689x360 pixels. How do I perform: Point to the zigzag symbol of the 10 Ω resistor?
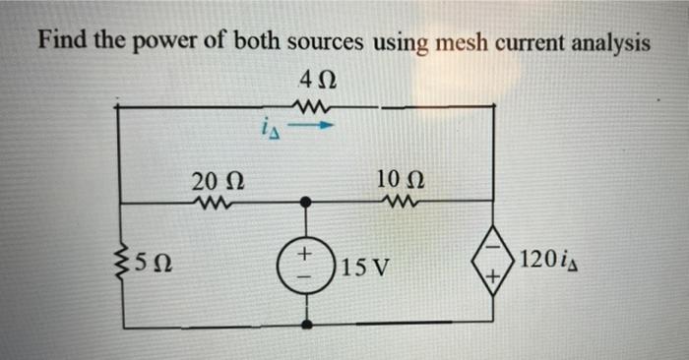point(397,204)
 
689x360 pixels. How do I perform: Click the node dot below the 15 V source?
point(308,322)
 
